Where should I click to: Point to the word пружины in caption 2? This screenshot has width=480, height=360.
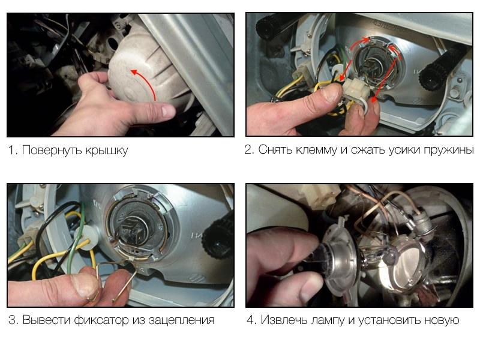[449, 151]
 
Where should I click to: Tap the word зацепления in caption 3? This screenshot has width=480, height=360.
[182, 320]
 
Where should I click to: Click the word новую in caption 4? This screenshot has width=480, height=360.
[442, 320]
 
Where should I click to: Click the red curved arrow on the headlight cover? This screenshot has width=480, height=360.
[148, 82]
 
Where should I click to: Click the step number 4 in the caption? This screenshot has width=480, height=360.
[251, 320]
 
